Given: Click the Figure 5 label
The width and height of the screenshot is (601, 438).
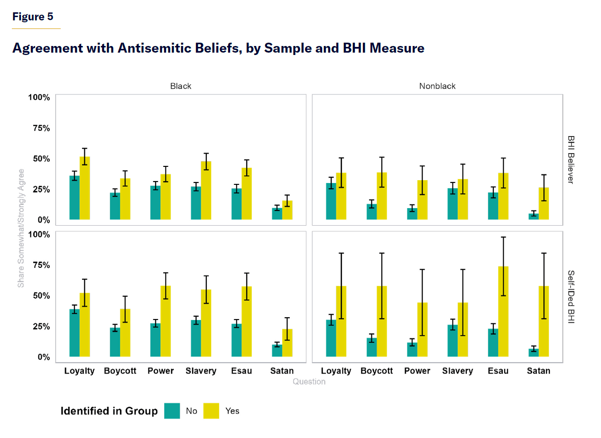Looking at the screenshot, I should [33, 17].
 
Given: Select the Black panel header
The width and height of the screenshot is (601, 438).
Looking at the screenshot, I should [181, 86].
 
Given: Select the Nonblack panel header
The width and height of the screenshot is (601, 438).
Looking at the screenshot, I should [437, 86].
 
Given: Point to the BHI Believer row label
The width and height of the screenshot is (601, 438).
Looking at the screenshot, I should [571, 160].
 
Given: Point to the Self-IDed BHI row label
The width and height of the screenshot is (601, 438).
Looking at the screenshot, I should [571, 297].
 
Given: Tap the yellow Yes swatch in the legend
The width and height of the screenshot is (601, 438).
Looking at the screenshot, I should [212, 411].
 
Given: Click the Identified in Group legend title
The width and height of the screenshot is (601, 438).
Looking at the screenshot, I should [109, 411].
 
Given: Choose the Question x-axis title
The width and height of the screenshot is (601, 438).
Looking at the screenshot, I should [309, 382].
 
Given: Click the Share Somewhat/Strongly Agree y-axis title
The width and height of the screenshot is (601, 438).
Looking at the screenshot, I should [21, 228].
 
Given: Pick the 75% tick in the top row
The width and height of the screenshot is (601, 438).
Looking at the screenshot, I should [40, 128].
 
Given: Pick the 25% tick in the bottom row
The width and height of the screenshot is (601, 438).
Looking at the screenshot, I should [40, 326].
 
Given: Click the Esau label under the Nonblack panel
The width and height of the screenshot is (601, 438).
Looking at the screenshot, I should [498, 371].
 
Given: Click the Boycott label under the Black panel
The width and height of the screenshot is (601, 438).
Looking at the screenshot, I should [120, 371].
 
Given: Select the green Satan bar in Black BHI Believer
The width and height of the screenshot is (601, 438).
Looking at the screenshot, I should [277, 214].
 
